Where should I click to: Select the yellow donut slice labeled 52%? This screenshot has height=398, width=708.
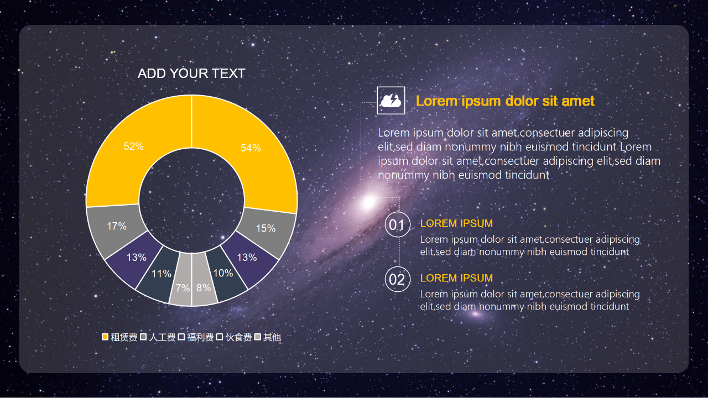[133, 146]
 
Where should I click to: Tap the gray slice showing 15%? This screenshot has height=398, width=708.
[266, 228]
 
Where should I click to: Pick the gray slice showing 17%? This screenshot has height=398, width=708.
[117, 226]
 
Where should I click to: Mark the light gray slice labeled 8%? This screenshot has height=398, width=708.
[204, 288]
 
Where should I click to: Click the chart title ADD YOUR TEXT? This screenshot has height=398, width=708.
[191, 74]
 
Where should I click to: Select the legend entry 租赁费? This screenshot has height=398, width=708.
[120, 337]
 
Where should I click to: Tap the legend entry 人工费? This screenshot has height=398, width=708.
[158, 337]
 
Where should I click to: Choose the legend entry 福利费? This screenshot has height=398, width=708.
[196, 337]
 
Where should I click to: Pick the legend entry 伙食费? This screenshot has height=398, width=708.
[235, 337]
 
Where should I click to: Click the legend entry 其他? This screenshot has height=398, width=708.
[268, 337]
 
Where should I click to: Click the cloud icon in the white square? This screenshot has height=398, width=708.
[391, 101]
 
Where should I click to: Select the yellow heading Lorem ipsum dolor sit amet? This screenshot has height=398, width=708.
[505, 101]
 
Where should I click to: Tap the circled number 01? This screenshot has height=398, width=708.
[397, 225]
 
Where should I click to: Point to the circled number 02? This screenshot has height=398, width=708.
[397, 280]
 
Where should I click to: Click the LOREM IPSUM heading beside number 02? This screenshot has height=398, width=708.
[456, 279]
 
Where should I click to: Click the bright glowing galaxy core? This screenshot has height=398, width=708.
[368, 203]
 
